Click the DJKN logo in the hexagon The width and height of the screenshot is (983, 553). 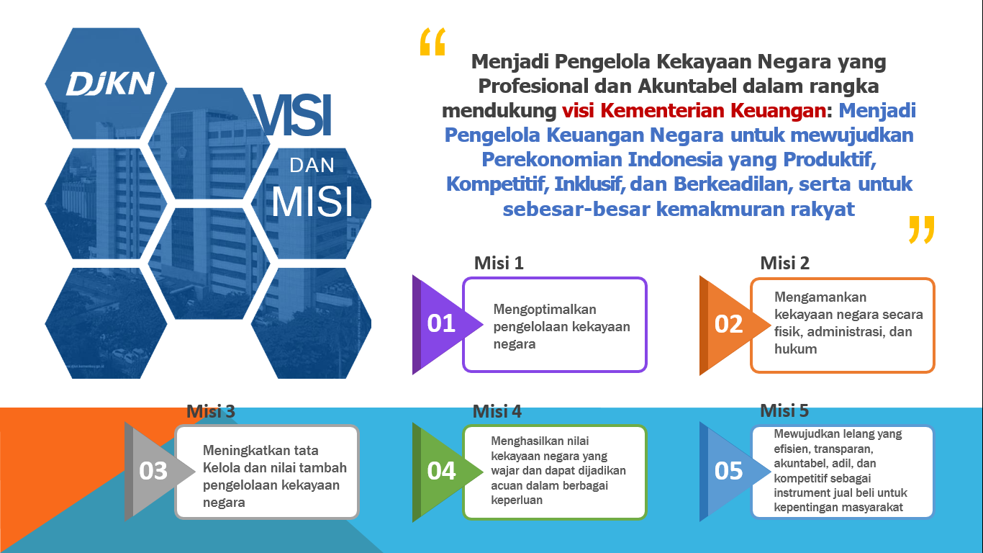point(110,84)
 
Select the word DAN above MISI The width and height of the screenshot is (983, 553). point(312,165)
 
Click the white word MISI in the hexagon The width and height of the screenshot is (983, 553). point(312,202)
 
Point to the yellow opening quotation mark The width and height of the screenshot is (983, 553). point(432,42)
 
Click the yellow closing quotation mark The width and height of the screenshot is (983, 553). point(922,229)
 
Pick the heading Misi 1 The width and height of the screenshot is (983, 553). point(499,263)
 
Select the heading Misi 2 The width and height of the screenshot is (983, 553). point(784,263)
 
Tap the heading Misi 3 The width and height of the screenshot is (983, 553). point(211,411)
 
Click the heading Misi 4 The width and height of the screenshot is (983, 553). point(497,411)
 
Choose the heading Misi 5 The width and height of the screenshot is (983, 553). point(784,410)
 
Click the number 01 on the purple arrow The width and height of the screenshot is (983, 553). point(441,323)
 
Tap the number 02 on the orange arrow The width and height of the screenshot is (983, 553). point(728,324)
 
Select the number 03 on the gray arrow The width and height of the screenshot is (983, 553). point(153,471)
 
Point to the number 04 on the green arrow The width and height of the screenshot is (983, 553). point(441,471)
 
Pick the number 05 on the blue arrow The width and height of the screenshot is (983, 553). point(728,471)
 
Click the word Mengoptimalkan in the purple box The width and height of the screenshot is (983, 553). point(545,310)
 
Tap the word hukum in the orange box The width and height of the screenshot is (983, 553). point(795,349)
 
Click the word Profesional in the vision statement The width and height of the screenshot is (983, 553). point(533,86)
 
